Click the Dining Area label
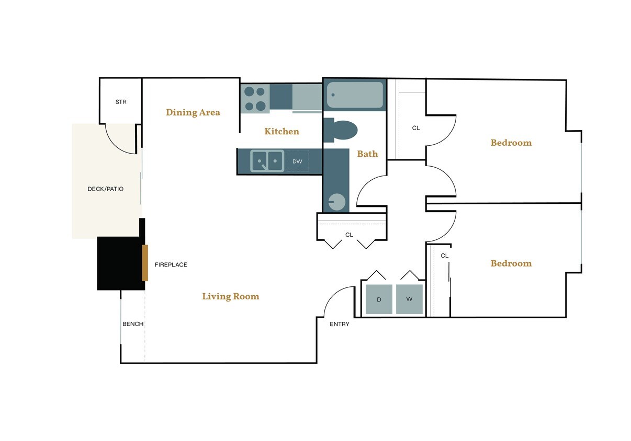(193, 112)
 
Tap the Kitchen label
(281, 132)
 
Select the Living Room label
(230, 297)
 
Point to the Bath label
(367, 154)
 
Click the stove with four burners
(255, 99)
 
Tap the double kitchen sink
(267, 161)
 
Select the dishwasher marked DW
(297, 161)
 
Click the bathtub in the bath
(355, 95)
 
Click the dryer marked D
(379, 299)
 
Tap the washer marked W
(409, 299)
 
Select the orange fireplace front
(145, 263)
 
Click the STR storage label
(121, 102)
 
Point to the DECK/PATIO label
(106, 189)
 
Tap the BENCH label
(133, 324)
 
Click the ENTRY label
(340, 324)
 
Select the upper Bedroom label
(511, 143)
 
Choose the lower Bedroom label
(511, 263)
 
